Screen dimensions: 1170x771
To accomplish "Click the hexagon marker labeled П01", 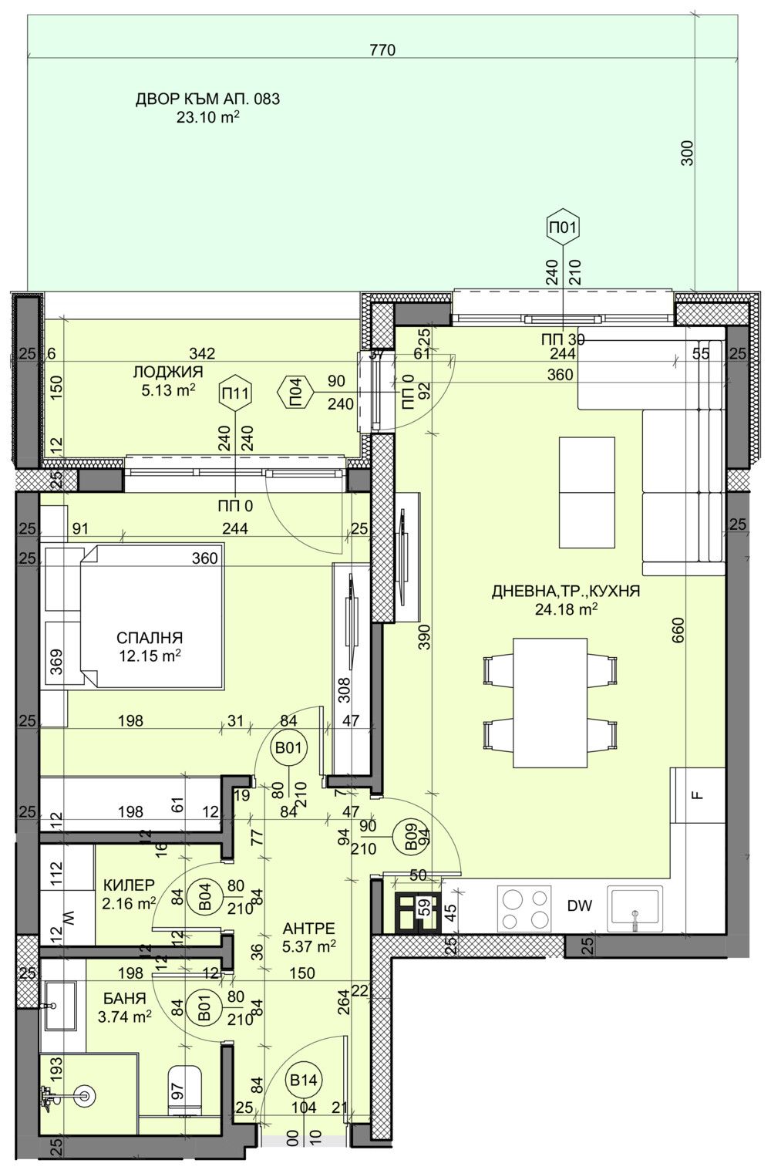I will tap(562, 227).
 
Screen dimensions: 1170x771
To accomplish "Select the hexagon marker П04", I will tap(295, 393).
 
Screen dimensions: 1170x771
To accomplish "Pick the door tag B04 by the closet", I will tap(205, 896).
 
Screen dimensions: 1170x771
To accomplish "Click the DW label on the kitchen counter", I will tap(579, 906).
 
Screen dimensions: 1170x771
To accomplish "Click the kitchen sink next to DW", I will tap(635, 909).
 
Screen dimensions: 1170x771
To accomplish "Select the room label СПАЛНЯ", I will tap(150, 638).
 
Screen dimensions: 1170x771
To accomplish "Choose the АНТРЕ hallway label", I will tap(308, 928).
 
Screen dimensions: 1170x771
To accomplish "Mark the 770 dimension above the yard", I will tap(382, 51).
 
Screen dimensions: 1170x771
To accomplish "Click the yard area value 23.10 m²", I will tap(207, 119).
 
